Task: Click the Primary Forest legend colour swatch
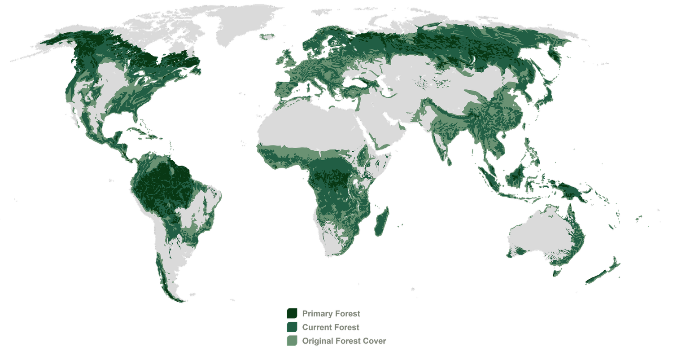tap(292, 313)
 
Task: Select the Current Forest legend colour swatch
tap(292, 327)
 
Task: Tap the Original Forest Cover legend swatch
tap(292, 341)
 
